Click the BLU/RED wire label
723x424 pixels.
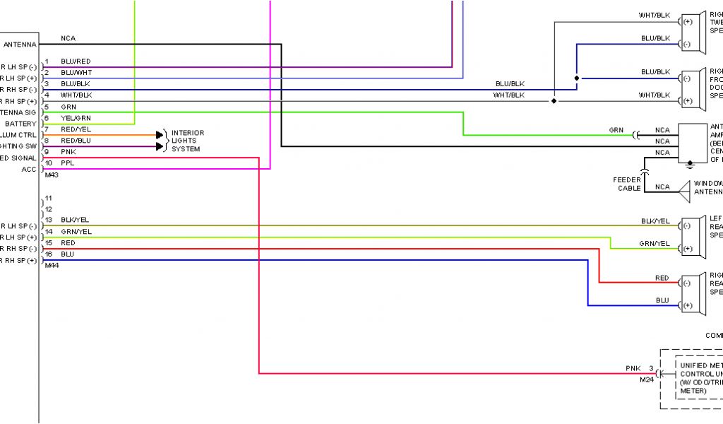(x=76, y=61)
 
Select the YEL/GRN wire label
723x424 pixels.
(x=76, y=118)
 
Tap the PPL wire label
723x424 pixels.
(x=68, y=163)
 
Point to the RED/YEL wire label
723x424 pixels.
(x=76, y=129)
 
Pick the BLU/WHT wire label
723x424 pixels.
(x=76, y=73)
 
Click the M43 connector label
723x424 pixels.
(x=51, y=175)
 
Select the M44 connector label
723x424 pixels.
(x=51, y=266)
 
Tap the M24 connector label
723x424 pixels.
(x=646, y=379)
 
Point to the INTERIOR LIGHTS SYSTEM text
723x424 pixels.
(x=187, y=141)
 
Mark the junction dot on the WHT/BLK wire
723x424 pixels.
(x=554, y=101)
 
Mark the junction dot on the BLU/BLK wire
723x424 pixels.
(x=577, y=78)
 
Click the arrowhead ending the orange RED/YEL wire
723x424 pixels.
(x=159, y=134)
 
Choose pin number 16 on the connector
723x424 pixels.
(x=49, y=254)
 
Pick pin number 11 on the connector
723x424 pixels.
(x=49, y=199)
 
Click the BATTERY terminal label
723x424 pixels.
(x=20, y=124)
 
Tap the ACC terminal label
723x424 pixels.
(x=29, y=169)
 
